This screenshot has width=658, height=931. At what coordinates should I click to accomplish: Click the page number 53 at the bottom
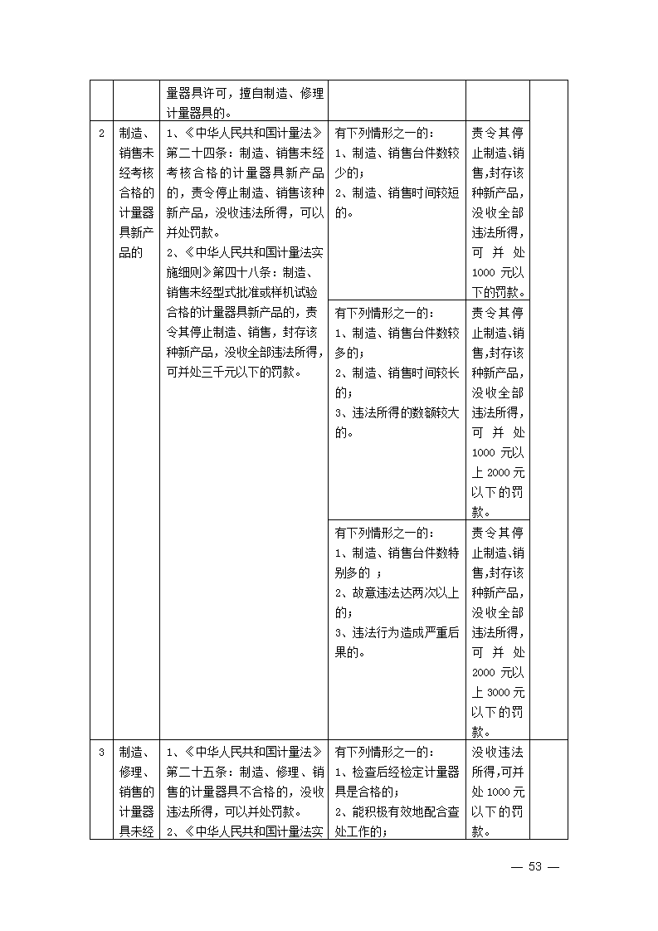tap(535, 866)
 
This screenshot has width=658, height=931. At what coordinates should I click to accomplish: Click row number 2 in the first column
tap(101, 134)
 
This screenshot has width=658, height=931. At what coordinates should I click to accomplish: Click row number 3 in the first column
tap(101, 753)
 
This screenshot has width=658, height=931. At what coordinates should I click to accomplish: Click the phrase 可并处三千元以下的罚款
tap(229, 372)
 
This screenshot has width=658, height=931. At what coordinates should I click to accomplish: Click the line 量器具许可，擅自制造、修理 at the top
tap(245, 94)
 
